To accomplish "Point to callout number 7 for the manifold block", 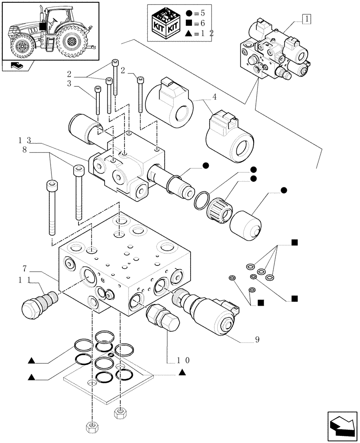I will [x=25, y=268].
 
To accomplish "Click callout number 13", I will [x=25, y=140].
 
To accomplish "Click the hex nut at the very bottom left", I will [x=91, y=427].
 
